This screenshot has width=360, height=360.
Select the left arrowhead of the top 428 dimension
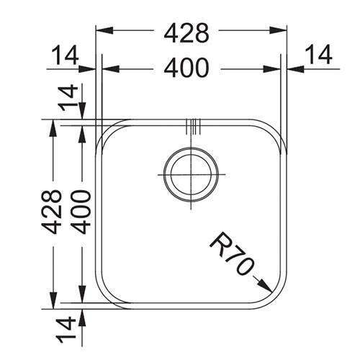tap(102, 32)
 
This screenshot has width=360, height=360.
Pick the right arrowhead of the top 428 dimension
tap(283, 32)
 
